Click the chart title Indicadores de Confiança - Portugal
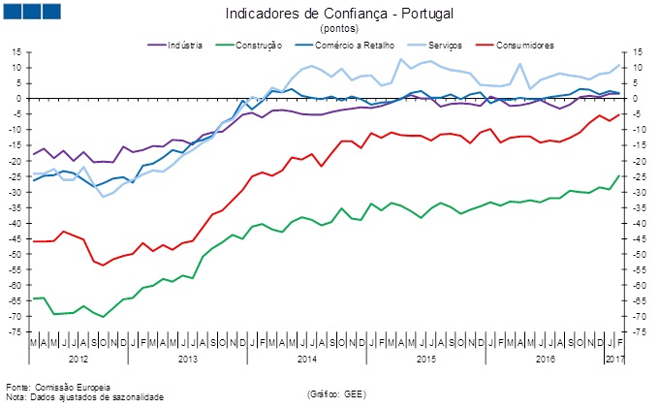click(339, 15)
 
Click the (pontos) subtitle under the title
click(338, 29)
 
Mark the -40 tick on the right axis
click(642, 223)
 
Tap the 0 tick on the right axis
click(637, 98)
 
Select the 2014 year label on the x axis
click(306, 360)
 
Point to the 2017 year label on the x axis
click(613, 360)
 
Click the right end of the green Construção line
click(619, 175)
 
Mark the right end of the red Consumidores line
click(619, 113)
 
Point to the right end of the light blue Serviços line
click(619, 66)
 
